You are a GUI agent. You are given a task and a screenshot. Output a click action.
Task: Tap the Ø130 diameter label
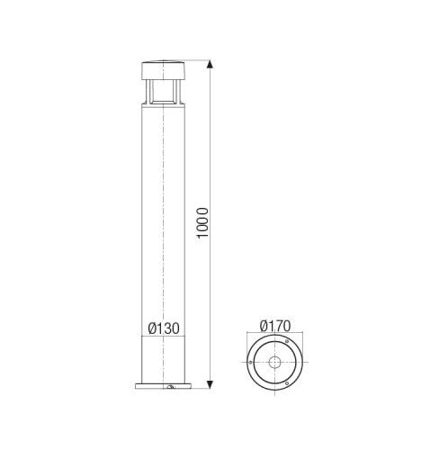[x=162, y=328]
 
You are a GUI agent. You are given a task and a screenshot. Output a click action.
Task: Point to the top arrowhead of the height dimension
[x=211, y=65]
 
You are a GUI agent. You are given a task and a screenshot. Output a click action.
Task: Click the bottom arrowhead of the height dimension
[x=211, y=386]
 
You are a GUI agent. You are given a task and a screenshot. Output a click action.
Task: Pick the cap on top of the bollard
[x=162, y=70]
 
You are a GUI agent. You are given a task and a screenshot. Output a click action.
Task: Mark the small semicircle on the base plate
[x=169, y=387]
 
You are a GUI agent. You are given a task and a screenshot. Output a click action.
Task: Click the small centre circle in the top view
[x=273, y=364]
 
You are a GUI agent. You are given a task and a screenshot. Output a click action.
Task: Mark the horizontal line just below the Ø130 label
[x=162, y=337]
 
